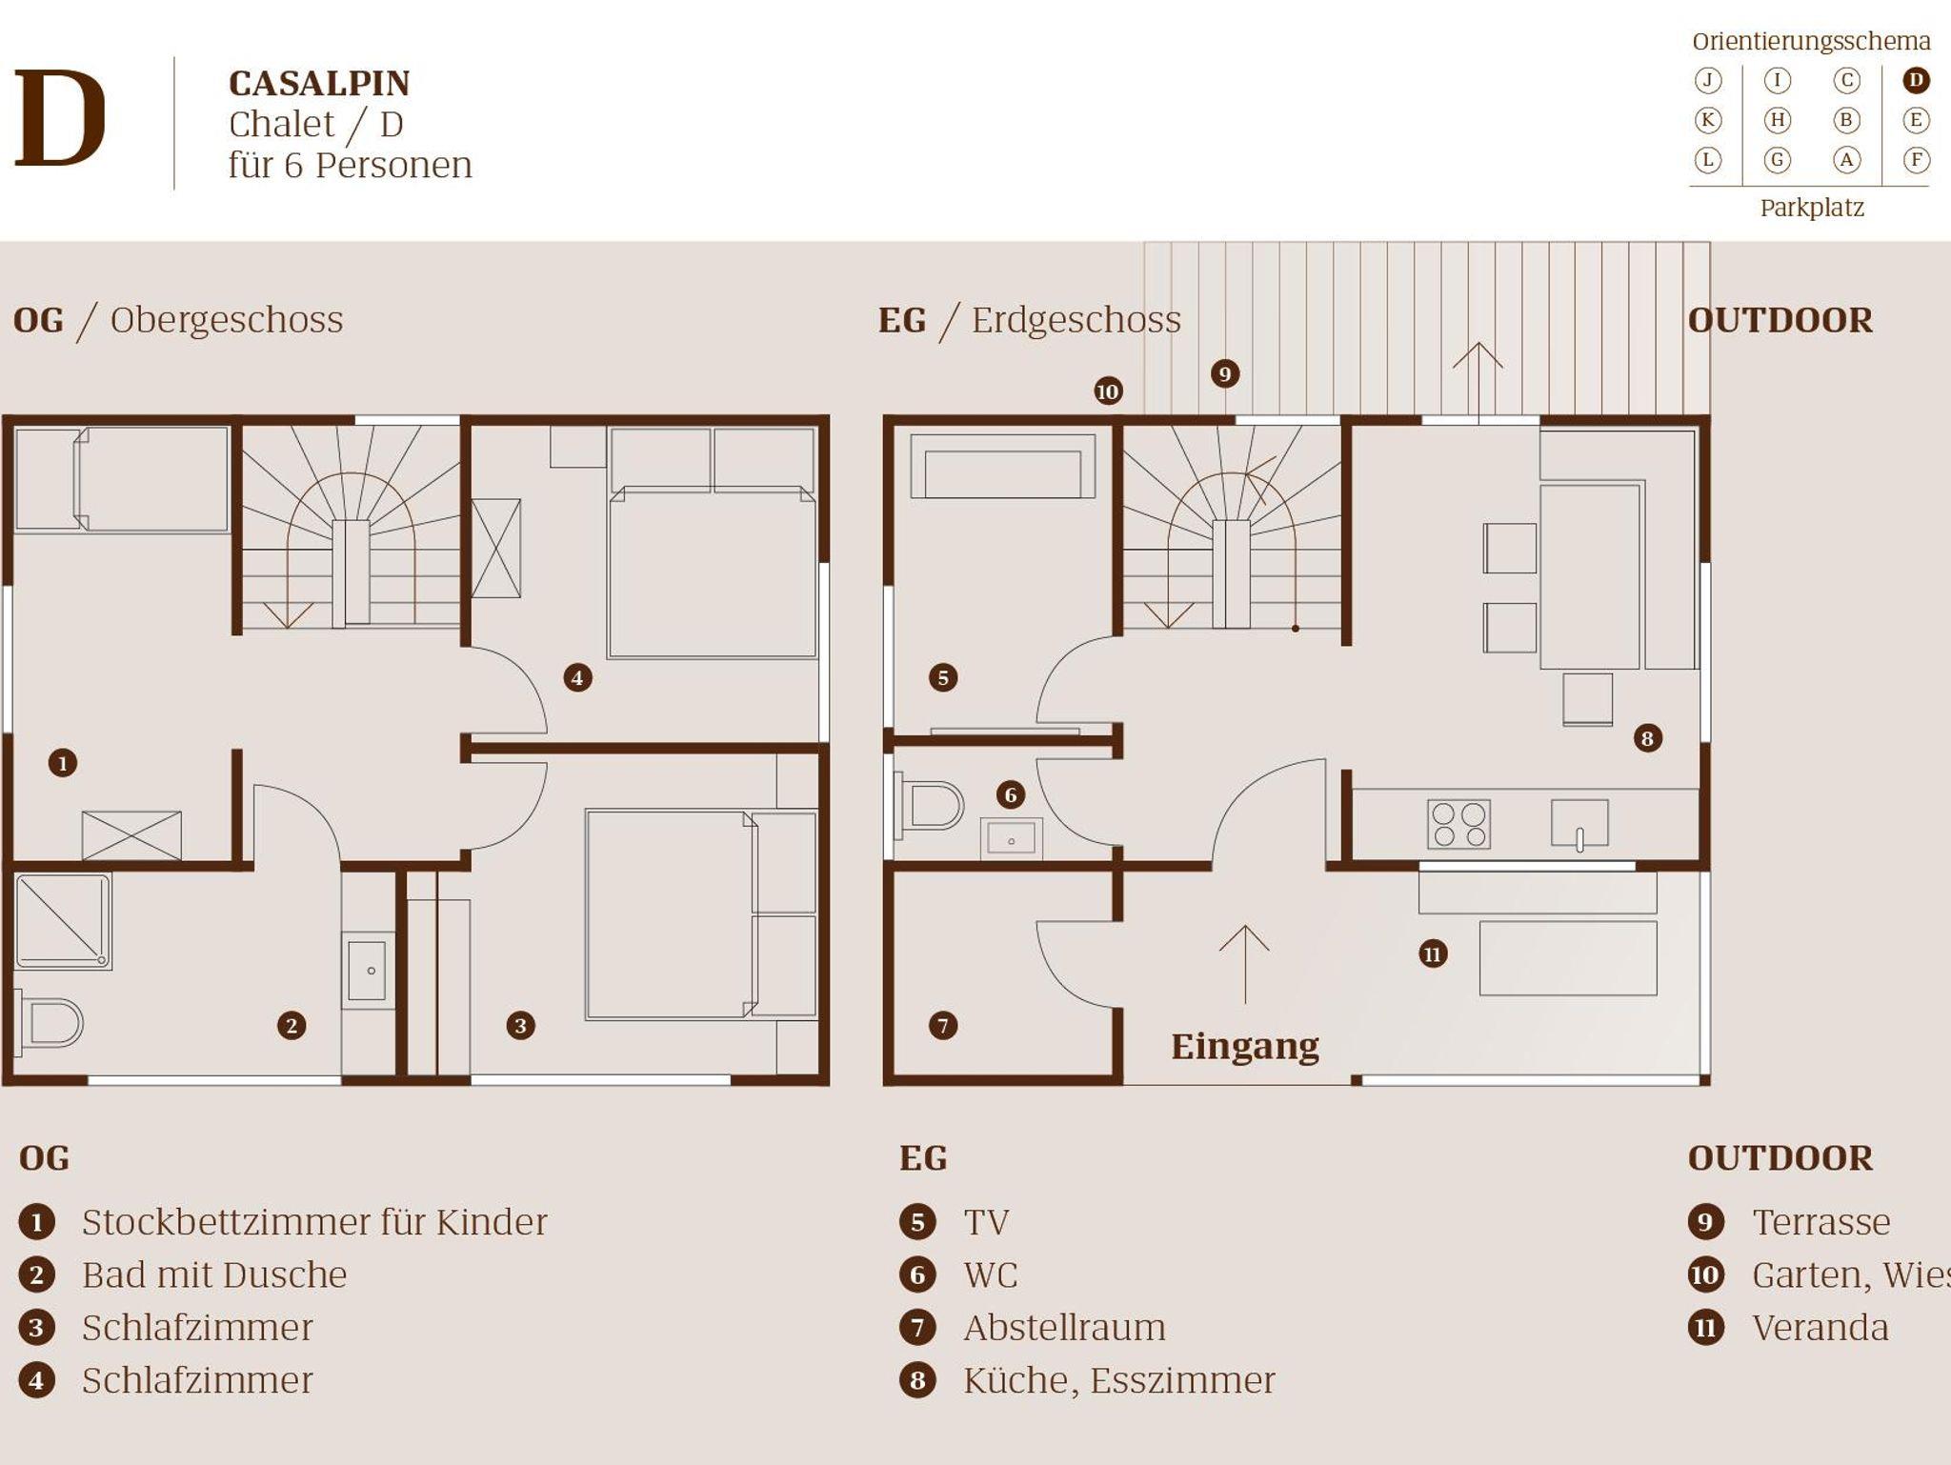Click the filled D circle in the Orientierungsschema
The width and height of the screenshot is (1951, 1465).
(x=1916, y=80)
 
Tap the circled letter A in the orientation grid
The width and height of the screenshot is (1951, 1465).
(x=1846, y=159)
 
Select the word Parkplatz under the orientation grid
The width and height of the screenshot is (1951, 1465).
(x=1811, y=208)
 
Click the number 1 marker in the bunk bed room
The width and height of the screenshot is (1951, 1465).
(x=63, y=763)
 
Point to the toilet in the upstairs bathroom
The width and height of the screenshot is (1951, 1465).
(x=50, y=1023)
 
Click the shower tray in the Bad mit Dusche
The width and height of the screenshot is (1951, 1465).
(x=62, y=921)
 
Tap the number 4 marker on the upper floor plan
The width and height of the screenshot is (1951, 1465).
(x=577, y=677)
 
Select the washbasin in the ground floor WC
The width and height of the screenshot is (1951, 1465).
(x=1011, y=839)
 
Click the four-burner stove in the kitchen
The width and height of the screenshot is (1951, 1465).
(x=1458, y=824)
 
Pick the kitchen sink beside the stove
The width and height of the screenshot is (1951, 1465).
(x=1579, y=824)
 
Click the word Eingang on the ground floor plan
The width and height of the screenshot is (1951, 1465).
(x=1245, y=1047)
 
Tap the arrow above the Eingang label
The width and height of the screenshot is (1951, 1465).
(x=1244, y=964)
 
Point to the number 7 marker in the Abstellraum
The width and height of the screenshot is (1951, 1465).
(x=943, y=1025)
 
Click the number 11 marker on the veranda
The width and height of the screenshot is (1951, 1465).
(x=1433, y=953)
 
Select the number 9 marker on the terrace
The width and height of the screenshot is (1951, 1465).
(x=1225, y=373)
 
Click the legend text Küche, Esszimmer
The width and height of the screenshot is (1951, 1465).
(x=1118, y=1380)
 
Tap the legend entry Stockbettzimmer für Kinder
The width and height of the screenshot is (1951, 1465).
(x=314, y=1222)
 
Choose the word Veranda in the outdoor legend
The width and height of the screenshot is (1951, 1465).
(x=1820, y=1328)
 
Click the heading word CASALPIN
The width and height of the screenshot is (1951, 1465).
(x=319, y=84)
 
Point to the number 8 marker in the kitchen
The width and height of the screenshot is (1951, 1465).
(x=1647, y=738)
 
